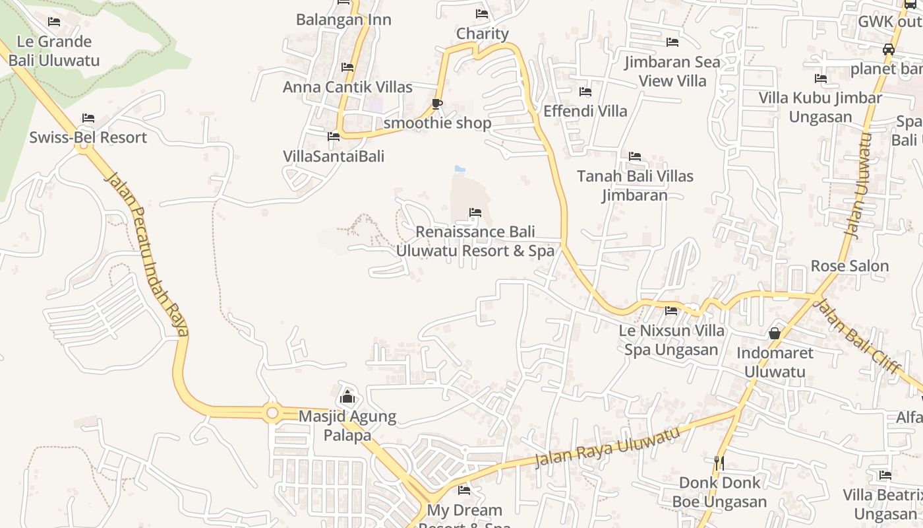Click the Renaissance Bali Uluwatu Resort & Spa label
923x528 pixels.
(x=475, y=242)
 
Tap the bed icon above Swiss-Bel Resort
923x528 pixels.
(x=88, y=118)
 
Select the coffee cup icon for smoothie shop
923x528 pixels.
(x=436, y=104)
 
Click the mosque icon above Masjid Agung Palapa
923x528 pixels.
(x=347, y=397)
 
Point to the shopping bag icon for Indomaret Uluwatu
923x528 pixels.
(x=775, y=333)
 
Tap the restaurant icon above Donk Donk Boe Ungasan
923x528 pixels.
(x=719, y=463)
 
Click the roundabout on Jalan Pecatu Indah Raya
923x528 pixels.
(x=272, y=413)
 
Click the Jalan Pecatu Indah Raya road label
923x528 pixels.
(x=147, y=253)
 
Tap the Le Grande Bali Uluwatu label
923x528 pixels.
(x=54, y=51)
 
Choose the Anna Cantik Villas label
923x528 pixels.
(x=347, y=87)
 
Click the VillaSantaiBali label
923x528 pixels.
(x=334, y=156)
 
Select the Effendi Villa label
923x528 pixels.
(x=585, y=111)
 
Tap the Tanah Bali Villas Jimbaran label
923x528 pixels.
(x=635, y=185)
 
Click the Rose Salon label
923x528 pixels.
(x=850, y=266)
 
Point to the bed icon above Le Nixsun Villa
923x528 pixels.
(x=671, y=310)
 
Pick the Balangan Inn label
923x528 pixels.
(x=343, y=20)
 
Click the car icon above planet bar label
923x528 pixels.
(x=889, y=49)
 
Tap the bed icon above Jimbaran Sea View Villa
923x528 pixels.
(x=672, y=42)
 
